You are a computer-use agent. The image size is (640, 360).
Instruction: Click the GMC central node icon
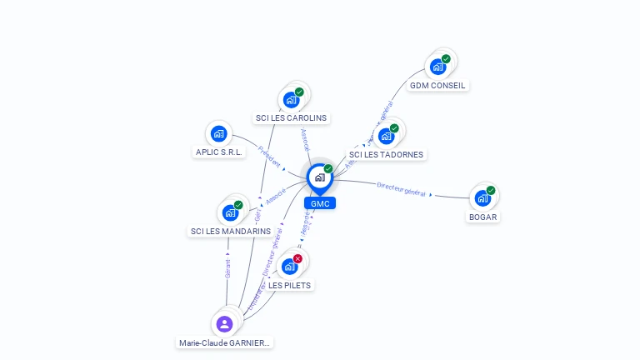pyautogui.click(x=319, y=177)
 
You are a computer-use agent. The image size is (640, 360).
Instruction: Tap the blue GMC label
pyautogui.click(x=320, y=203)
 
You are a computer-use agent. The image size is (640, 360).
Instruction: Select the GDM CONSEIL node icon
pyautogui.click(x=437, y=67)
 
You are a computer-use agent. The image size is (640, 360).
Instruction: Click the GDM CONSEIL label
pyautogui.click(x=438, y=85)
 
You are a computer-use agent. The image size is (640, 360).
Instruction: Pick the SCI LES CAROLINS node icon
pyautogui.click(x=291, y=100)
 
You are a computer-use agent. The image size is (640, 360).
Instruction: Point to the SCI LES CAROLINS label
pyautogui.click(x=291, y=118)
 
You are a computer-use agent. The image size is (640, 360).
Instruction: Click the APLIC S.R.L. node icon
pyautogui.click(x=218, y=133)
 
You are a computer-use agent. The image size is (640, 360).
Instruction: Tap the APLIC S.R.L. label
pyautogui.click(x=218, y=152)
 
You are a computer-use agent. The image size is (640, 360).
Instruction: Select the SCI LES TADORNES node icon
pyautogui.click(x=386, y=137)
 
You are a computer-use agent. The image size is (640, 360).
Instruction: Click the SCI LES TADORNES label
pyautogui.click(x=386, y=155)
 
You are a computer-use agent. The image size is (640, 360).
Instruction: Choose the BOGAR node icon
pyautogui.click(x=482, y=198)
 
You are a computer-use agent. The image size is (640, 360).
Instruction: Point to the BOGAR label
pyautogui.click(x=483, y=217)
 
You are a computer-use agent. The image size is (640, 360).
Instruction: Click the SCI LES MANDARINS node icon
pyautogui.click(x=230, y=212)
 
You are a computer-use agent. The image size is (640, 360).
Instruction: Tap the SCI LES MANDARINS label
pyautogui.click(x=231, y=232)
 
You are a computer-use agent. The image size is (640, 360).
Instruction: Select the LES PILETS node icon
pyautogui.click(x=289, y=267)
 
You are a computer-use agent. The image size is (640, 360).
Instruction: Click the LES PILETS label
pyautogui.click(x=290, y=286)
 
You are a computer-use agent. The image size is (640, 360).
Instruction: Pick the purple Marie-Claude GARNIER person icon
pyautogui.click(x=224, y=324)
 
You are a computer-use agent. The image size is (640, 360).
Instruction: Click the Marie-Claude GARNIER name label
pyautogui.click(x=225, y=342)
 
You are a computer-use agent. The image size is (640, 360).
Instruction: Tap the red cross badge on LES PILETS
pyautogui.click(x=297, y=259)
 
